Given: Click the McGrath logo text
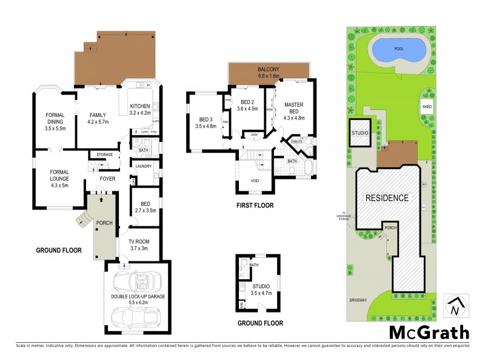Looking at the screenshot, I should click(429, 332).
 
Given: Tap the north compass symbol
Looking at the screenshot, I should click(455, 306).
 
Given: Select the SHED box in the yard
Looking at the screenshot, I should click(427, 107).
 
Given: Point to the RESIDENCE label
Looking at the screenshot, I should click(387, 198).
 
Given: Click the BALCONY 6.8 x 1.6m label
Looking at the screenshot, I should click(269, 73).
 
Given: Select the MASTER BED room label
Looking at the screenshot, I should click(294, 109).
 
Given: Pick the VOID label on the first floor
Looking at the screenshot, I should click(256, 181).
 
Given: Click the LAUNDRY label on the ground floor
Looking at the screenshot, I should click(144, 166).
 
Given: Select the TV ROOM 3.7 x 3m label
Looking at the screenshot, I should click(144, 244).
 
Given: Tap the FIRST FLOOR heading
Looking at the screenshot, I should click(255, 206).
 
